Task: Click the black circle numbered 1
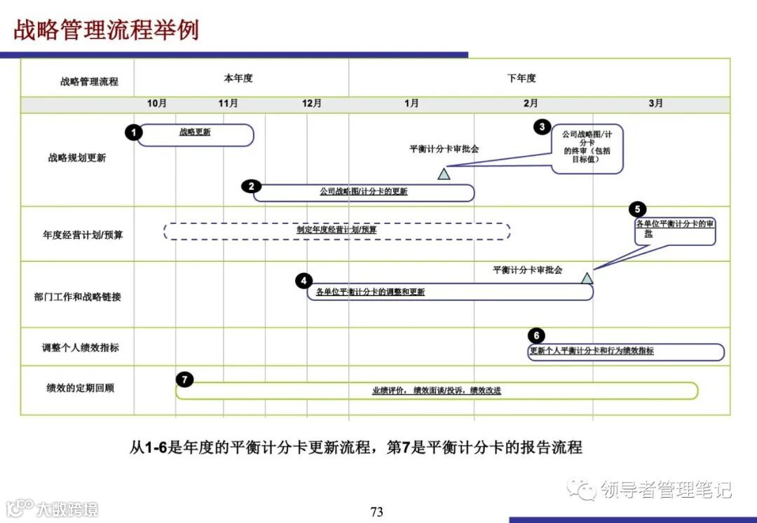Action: pyautogui.click(x=134, y=132)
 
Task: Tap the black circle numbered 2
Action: pyautogui.click(x=251, y=186)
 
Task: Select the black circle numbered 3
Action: pyautogui.click(x=542, y=127)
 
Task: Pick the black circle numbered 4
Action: pyautogui.click(x=304, y=281)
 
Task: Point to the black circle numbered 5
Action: pyautogui.click(x=637, y=209)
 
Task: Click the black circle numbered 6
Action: pyautogui.click(x=536, y=335)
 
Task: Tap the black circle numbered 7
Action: pyautogui.click(x=184, y=379)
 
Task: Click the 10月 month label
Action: pyautogui.click(x=157, y=104)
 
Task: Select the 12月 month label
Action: pyautogui.click(x=312, y=104)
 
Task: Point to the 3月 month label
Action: pyautogui.click(x=655, y=104)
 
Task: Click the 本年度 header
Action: pyautogui.click(x=238, y=78)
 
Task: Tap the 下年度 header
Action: pyautogui.click(x=521, y=78)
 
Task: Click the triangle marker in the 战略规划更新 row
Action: pyautogui.click(x=444, y=174)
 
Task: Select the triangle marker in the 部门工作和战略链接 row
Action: pyautogui.click(x=587, y=278)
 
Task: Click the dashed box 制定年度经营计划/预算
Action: pyautogui.click(x=336, y=230)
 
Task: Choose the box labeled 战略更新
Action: pyautogui.click(x=196, y=135)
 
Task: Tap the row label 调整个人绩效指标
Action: pyautogui.click(x=80, y=347)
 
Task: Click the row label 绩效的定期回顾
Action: pyautogui.click(x=80, y=388)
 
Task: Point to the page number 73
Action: pyautogui.click(x=377, y=512)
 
